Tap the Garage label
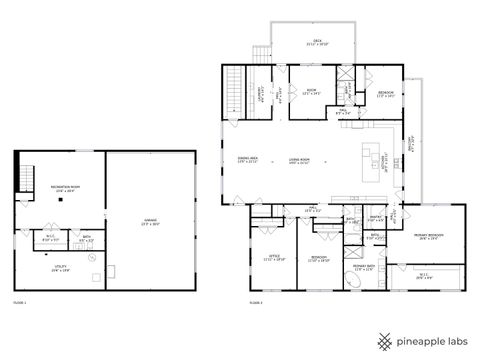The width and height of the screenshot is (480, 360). tap(150, 223)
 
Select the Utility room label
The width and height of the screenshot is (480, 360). tap(60, 268)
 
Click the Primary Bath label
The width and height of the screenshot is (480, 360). tap(363, 266)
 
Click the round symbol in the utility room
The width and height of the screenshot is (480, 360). tap(92, 258)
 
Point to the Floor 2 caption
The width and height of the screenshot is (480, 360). tap(256, 302)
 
